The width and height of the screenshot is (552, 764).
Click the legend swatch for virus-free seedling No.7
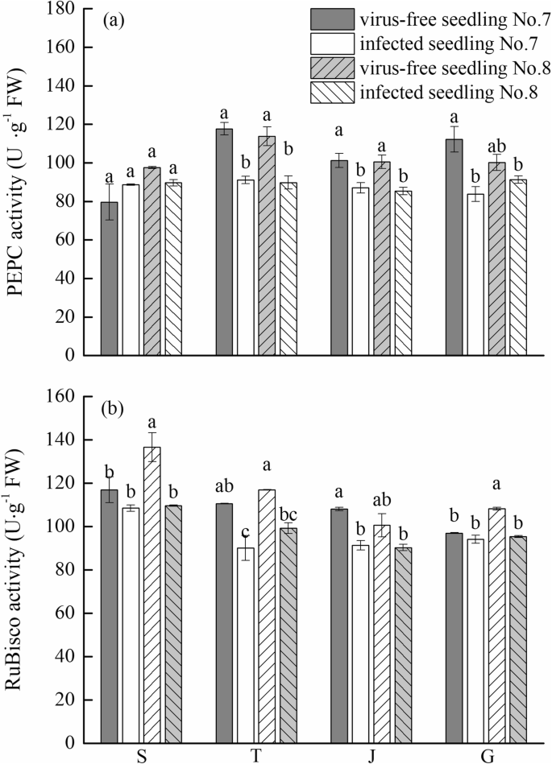332,19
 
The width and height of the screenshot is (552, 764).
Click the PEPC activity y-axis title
20,183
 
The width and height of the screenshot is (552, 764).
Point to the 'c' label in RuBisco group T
245,530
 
